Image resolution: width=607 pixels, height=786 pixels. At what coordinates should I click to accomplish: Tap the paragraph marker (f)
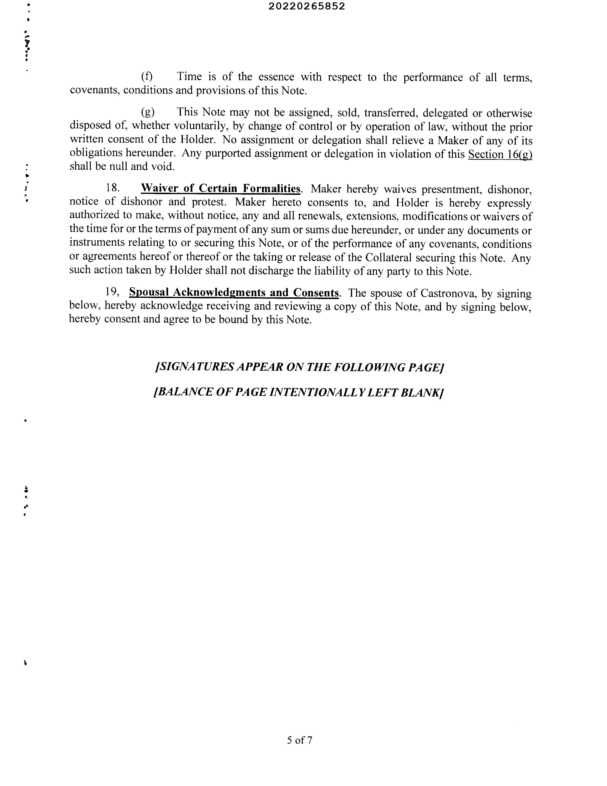click(147, 76)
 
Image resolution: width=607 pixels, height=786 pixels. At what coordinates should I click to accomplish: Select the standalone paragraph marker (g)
click(147, 112)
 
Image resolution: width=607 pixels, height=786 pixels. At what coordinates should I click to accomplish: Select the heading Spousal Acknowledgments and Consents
click(234, 293)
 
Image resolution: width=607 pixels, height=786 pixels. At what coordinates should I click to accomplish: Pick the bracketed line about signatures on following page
click(299, 367)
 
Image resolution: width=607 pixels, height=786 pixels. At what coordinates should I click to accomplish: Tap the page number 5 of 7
click(299, 740)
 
